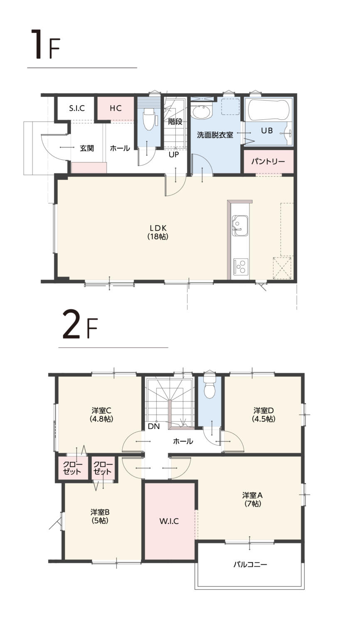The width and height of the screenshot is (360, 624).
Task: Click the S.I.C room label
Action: pos(77,108)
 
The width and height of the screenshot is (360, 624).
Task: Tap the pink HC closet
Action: pos(116,108)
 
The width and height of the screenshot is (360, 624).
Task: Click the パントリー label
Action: pos(268,161)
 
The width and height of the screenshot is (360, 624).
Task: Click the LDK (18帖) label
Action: pos(158,232)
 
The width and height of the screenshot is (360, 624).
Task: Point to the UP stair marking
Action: pos(174,154)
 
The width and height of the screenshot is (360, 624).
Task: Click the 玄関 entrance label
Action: pos(87,148)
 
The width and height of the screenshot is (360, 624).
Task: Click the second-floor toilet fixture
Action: pos(210,386)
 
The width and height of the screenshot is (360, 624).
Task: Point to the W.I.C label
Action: pos(169,521)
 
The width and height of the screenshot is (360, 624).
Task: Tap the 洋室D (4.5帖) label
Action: pos(264,414)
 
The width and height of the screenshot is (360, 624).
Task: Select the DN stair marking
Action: pos(154,426)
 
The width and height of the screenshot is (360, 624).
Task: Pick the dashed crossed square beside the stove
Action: pos(282,268)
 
